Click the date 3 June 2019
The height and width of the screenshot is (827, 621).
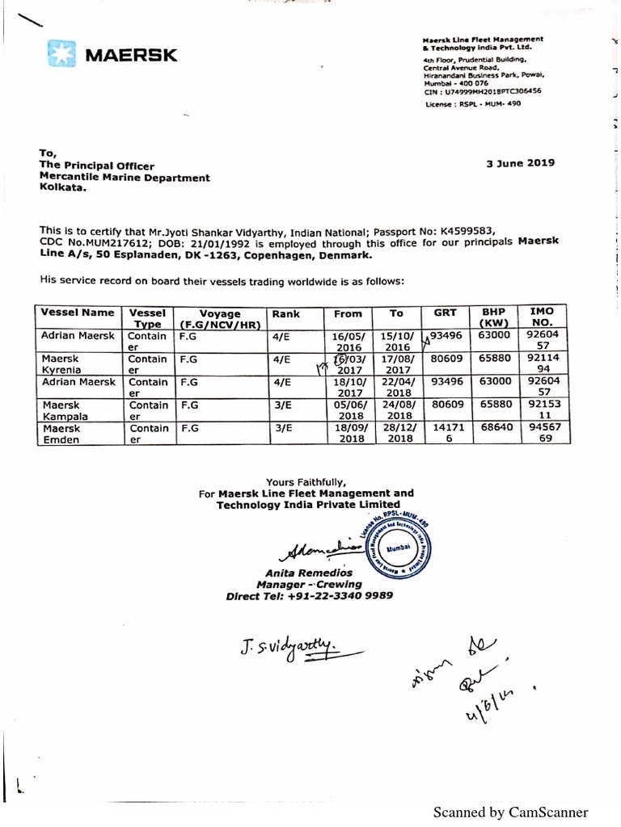[520, 162]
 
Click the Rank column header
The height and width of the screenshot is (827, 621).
[286, 313]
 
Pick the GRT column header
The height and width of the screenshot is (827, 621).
[446, 313]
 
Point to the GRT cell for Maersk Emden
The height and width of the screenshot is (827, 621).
[446, 434]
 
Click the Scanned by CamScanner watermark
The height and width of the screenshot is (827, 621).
[510, 812]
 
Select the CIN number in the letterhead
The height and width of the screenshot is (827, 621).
[482, 91]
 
